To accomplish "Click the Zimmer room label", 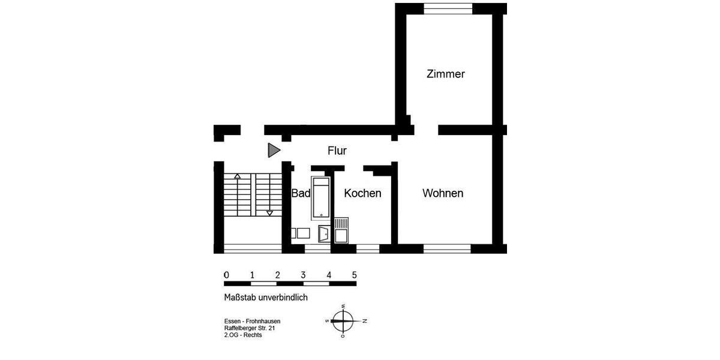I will coord(445,74).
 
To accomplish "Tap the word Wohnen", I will coord(443,193).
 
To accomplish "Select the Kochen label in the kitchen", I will coord(362,193).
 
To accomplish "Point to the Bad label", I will coord(301,193).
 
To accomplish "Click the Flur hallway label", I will coord(337,151).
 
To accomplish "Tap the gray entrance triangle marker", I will coord(274,151).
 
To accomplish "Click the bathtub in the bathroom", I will coord(320,197).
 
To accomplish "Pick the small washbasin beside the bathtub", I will coord(323,233).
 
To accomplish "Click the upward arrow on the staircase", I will coord(238,176).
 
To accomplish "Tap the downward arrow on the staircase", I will coord(269,212).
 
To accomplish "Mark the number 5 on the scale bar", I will coord(355,275).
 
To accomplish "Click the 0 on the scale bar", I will coord(226,275).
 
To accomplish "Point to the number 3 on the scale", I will coord(303,275).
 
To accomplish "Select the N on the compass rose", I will coord(365,320).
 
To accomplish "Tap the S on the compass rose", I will coord(326,320).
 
